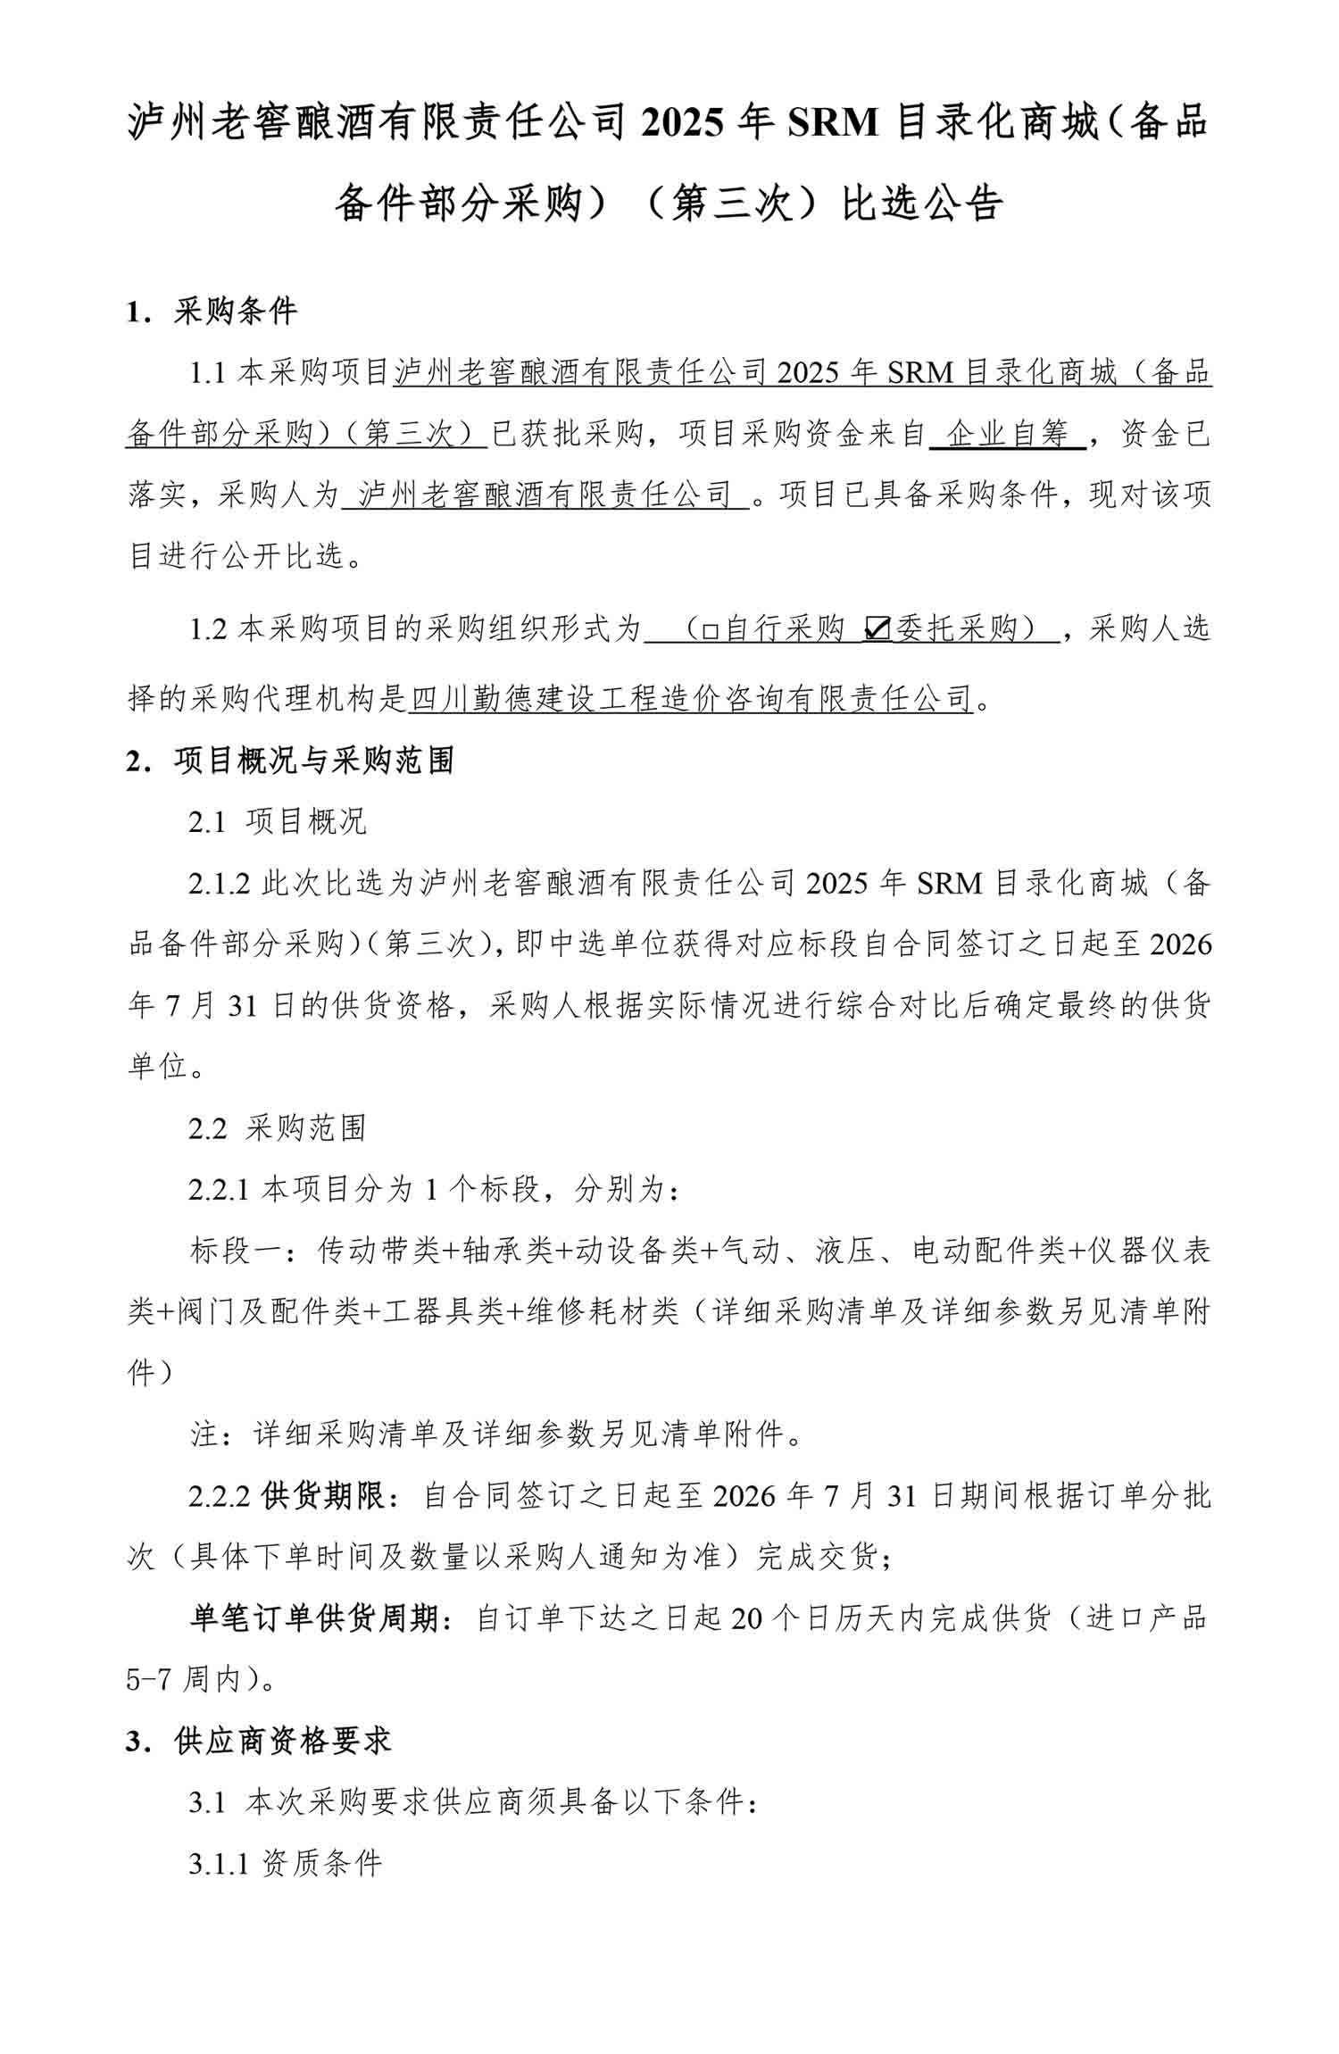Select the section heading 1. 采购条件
(x=212, y=312)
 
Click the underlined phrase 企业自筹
(x=1008, y=435)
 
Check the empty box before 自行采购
(x=710, y=631)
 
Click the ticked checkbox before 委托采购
(x=877, y=630)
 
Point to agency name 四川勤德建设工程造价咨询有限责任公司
(x=690, y=698)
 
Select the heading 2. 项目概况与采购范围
(x=290, y=761)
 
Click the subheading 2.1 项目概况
(x=277, y=821)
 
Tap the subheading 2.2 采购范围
(x=277, y=1128)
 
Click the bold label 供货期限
(x=323, y=1496)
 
